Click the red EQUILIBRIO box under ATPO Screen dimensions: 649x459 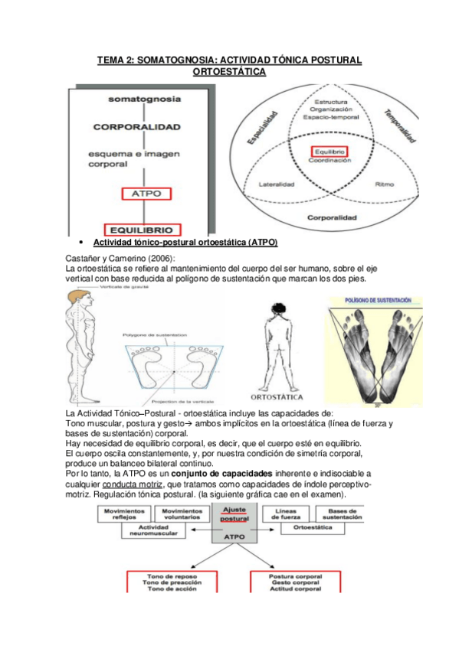tap(144, 229)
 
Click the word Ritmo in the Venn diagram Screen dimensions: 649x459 tap(385, 184)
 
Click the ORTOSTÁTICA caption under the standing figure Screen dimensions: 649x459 tap(277, 397)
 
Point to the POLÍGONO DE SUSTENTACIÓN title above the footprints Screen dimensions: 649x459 tap(372, 301)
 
